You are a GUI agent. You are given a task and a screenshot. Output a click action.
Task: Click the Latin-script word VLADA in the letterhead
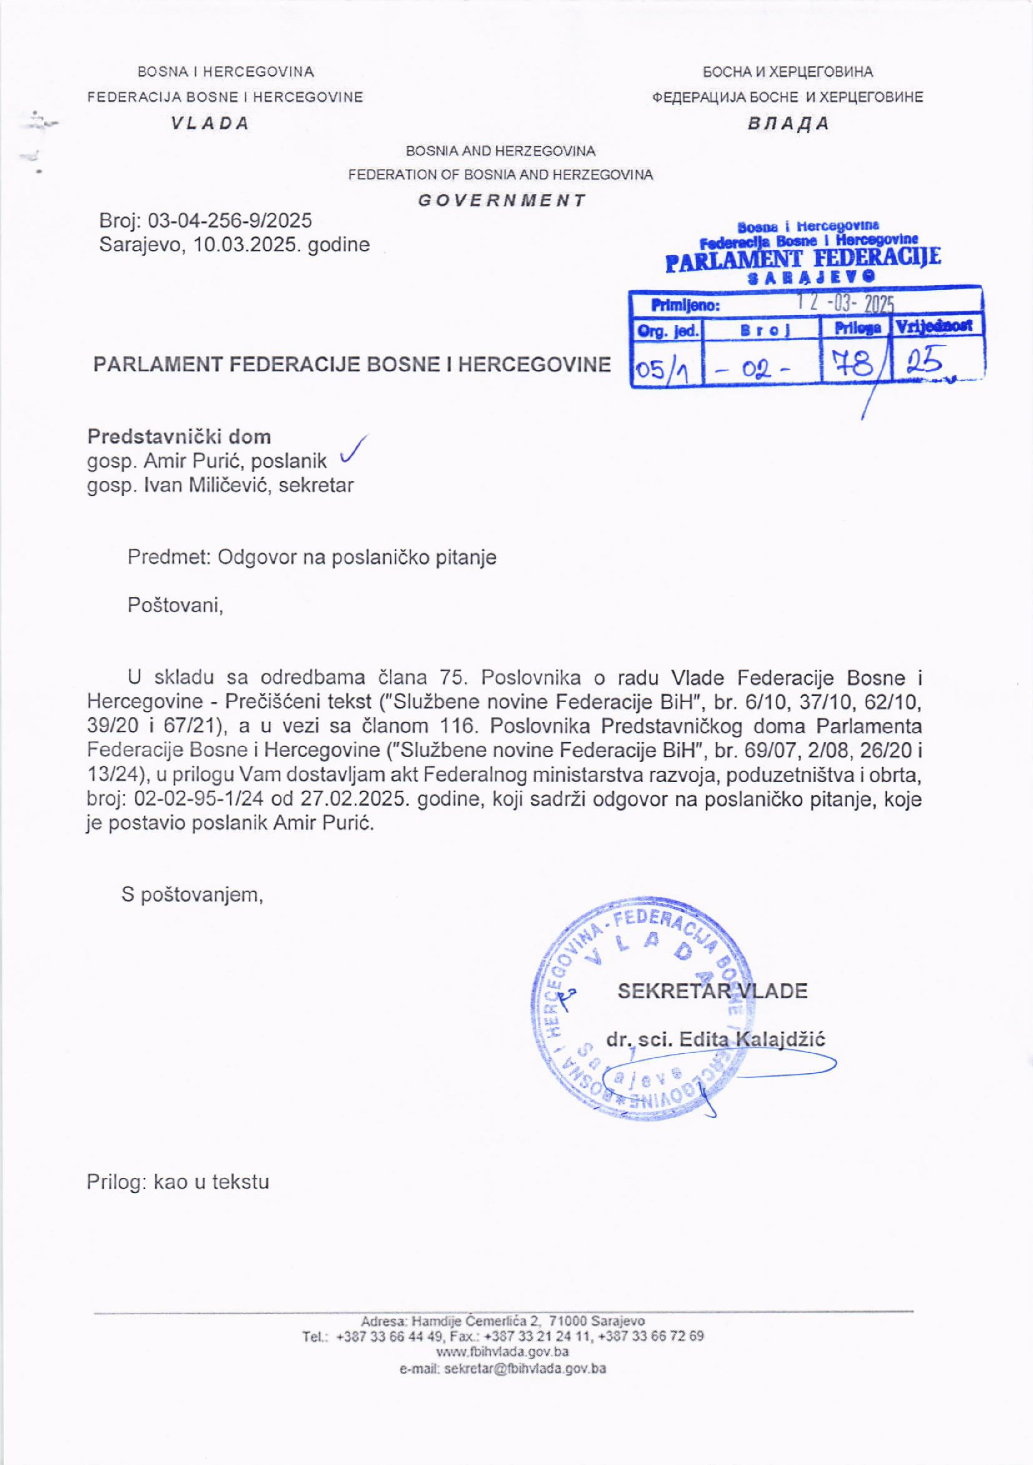(x=209, y=124)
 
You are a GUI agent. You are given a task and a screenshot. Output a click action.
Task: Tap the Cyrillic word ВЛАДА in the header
(x=789, y=124)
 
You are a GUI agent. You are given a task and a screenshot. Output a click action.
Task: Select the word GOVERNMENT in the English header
(x=501, y=200)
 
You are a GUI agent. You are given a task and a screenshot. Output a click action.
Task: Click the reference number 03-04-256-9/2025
(x=230, y=221)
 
